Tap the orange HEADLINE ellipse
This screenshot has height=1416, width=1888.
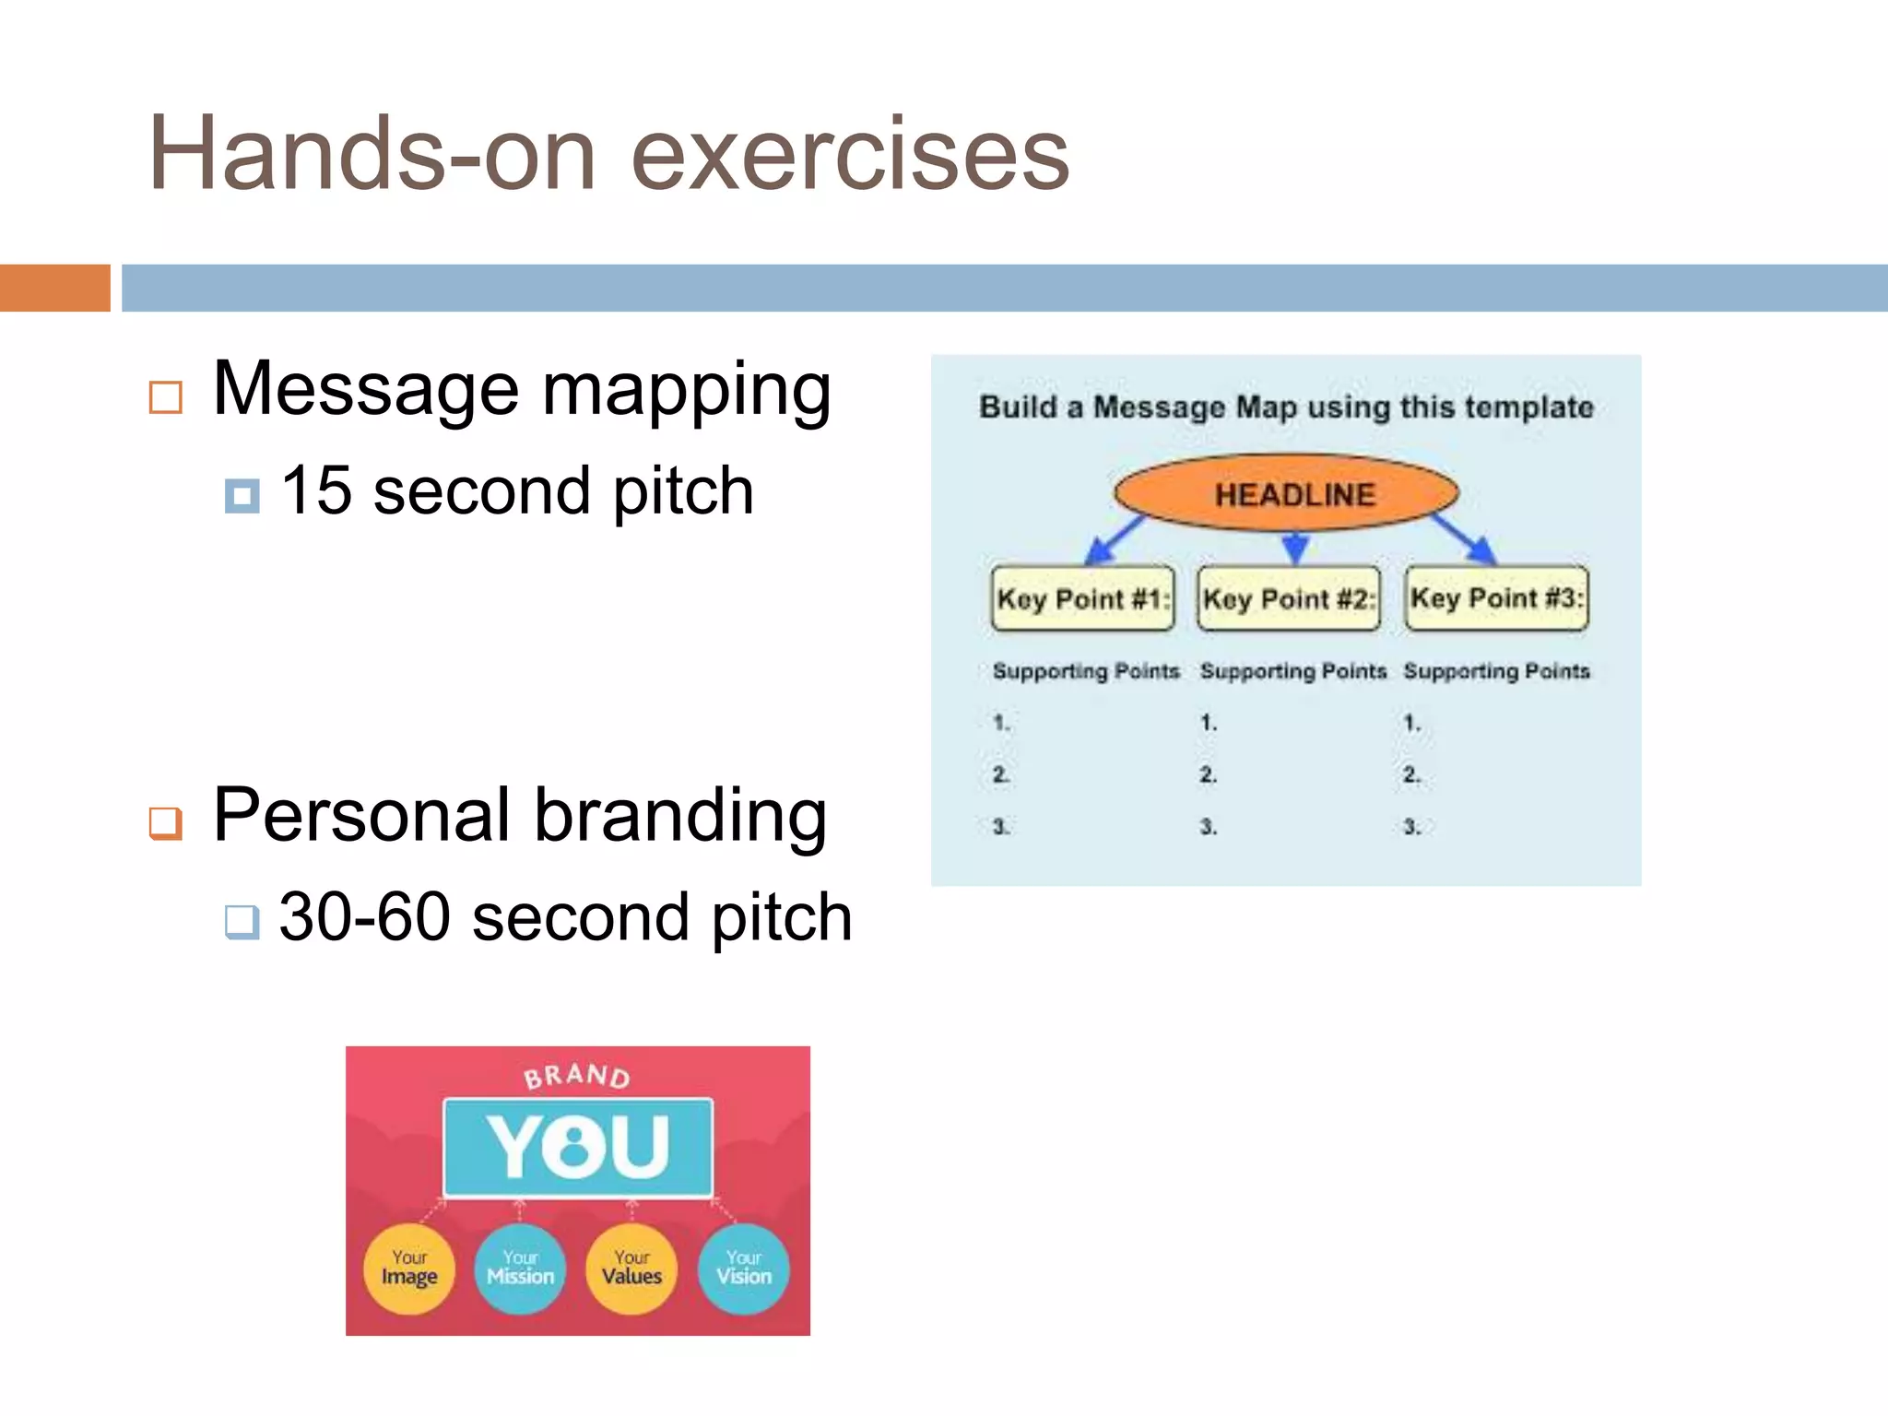tap(1287, 493)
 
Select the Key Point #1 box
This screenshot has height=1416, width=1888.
tap(1082, 598)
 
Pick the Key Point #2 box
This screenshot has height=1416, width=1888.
tap(1288, 598)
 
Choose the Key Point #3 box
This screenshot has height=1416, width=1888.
tap(1496, 597)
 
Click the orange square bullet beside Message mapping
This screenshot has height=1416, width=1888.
tap(166, 397)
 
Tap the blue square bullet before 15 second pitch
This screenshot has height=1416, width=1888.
tap(242, 496)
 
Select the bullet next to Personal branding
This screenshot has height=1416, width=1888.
tap(166, 822)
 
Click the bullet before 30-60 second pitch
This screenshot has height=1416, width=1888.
tap(242, 921)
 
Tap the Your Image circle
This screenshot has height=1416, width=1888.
tap(409, 1268)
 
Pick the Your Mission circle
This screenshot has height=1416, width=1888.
tap(521, 1268)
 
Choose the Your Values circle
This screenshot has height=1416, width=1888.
tap(632, 1268)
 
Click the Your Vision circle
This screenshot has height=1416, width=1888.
tap(744, 1268)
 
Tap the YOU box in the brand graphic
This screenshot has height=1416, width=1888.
tap(578, 1147)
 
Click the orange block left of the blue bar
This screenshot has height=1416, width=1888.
tap(55, 288)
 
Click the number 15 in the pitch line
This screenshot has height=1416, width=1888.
tap(316, 490)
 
